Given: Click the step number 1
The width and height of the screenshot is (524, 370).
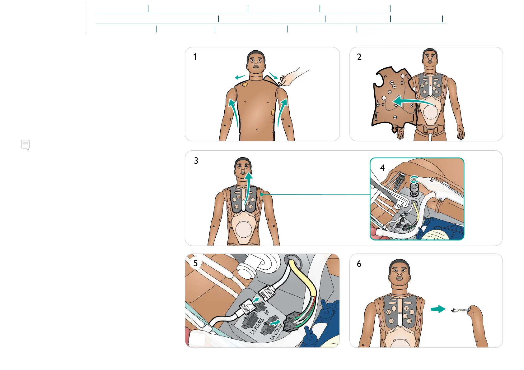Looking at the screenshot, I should (x=195, y=57).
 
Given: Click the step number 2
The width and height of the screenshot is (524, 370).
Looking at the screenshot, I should (x=359, y=57).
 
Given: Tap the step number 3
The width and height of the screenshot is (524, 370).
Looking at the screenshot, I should (x=196, y=161).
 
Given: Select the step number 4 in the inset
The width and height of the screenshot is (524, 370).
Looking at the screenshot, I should (x=382, y=168).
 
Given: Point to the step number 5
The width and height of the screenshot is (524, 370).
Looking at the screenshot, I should (x=195, y=263).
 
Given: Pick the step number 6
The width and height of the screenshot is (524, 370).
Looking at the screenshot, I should (x=359, y=264).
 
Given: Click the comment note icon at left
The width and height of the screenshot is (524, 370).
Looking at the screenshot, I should (x=26, y=145).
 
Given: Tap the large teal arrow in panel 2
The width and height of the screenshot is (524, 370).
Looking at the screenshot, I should (x=411, y=102).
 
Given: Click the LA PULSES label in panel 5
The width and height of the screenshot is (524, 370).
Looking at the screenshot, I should (x=257, y=326).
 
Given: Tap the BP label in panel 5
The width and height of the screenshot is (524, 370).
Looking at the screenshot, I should (x=267, y=313).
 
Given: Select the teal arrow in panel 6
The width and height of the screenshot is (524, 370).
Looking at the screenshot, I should (x=438, y=309).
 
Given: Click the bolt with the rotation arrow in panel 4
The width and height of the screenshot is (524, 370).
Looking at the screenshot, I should (x=414, y=186).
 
